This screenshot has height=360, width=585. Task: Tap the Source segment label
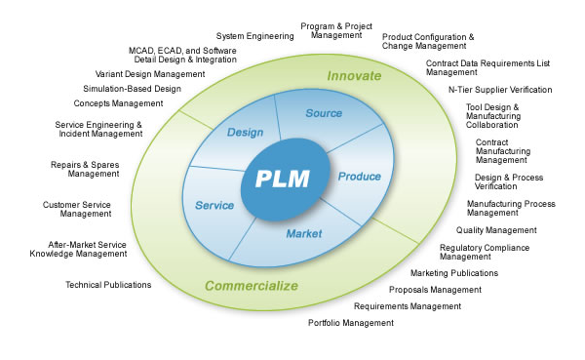point(324,114)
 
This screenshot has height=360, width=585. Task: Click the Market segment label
point(303,233)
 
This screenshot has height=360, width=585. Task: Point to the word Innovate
point(354,75)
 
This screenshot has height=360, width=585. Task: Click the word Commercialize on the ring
point(251,286)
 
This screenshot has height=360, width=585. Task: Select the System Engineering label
point(254,36)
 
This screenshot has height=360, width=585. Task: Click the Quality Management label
point(496,230)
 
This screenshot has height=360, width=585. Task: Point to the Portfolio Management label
point(352,322)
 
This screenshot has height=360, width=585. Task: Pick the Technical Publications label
point(108,285)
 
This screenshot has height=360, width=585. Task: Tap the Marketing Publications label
point(453,273)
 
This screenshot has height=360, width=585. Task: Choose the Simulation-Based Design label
point(132,88)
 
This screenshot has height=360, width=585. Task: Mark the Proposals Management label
point(435,290)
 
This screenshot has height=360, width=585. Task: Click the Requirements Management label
point(407,306)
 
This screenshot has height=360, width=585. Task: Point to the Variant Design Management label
point(149,73)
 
